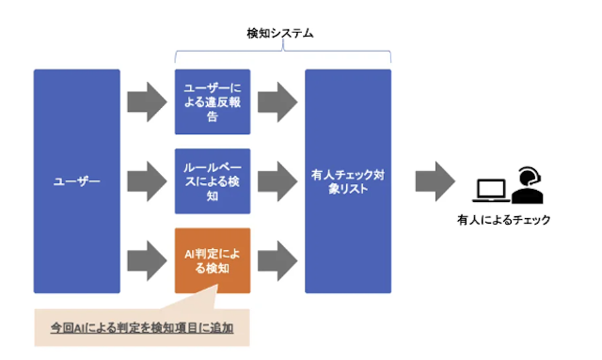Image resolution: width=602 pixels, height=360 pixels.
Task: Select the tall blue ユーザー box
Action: click(77, 180)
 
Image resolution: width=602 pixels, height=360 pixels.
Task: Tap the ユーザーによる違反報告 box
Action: click(212, 102)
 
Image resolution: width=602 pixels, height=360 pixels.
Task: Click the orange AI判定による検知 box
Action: click(212, 259)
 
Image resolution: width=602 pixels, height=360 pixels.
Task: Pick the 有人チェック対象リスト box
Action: click(347, 180)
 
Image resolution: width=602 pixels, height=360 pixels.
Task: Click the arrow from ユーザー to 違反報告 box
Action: click(147, 102)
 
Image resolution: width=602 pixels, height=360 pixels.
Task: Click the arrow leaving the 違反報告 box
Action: click(277, 102)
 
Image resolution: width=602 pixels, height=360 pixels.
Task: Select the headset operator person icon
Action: click(529, 184)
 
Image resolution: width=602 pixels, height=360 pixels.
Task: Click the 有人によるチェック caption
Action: click(503, 220)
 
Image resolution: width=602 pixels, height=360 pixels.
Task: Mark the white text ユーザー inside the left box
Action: click(77, 180)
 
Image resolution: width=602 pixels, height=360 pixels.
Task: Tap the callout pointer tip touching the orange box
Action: click(218, 292)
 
